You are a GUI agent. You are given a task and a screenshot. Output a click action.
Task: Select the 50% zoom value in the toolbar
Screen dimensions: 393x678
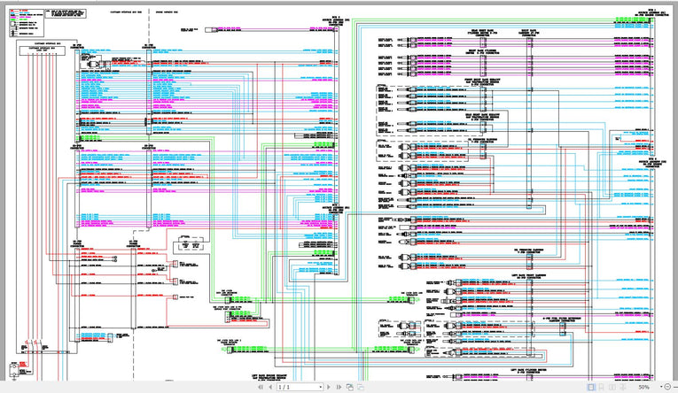tap(644, 388)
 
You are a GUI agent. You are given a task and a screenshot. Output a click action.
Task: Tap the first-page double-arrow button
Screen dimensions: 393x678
tap(259, 388)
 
